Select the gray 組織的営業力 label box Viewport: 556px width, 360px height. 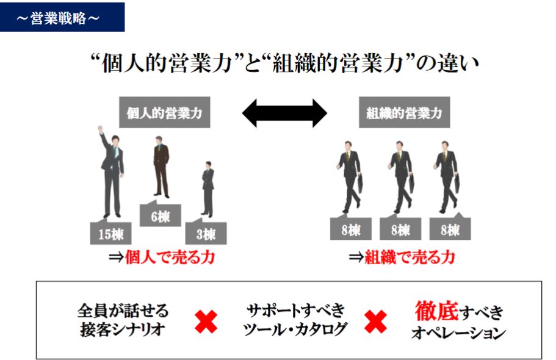point(404,113)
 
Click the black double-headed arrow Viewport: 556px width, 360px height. point(284,113)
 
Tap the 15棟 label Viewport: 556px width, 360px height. point(110,233)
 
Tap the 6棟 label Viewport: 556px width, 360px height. point(160,216)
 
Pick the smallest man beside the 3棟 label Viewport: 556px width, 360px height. point(208,188)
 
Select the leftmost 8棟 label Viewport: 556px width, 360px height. point(352,231)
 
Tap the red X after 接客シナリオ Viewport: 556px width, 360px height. point(206,321)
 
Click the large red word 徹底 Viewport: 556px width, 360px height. point(436,311)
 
